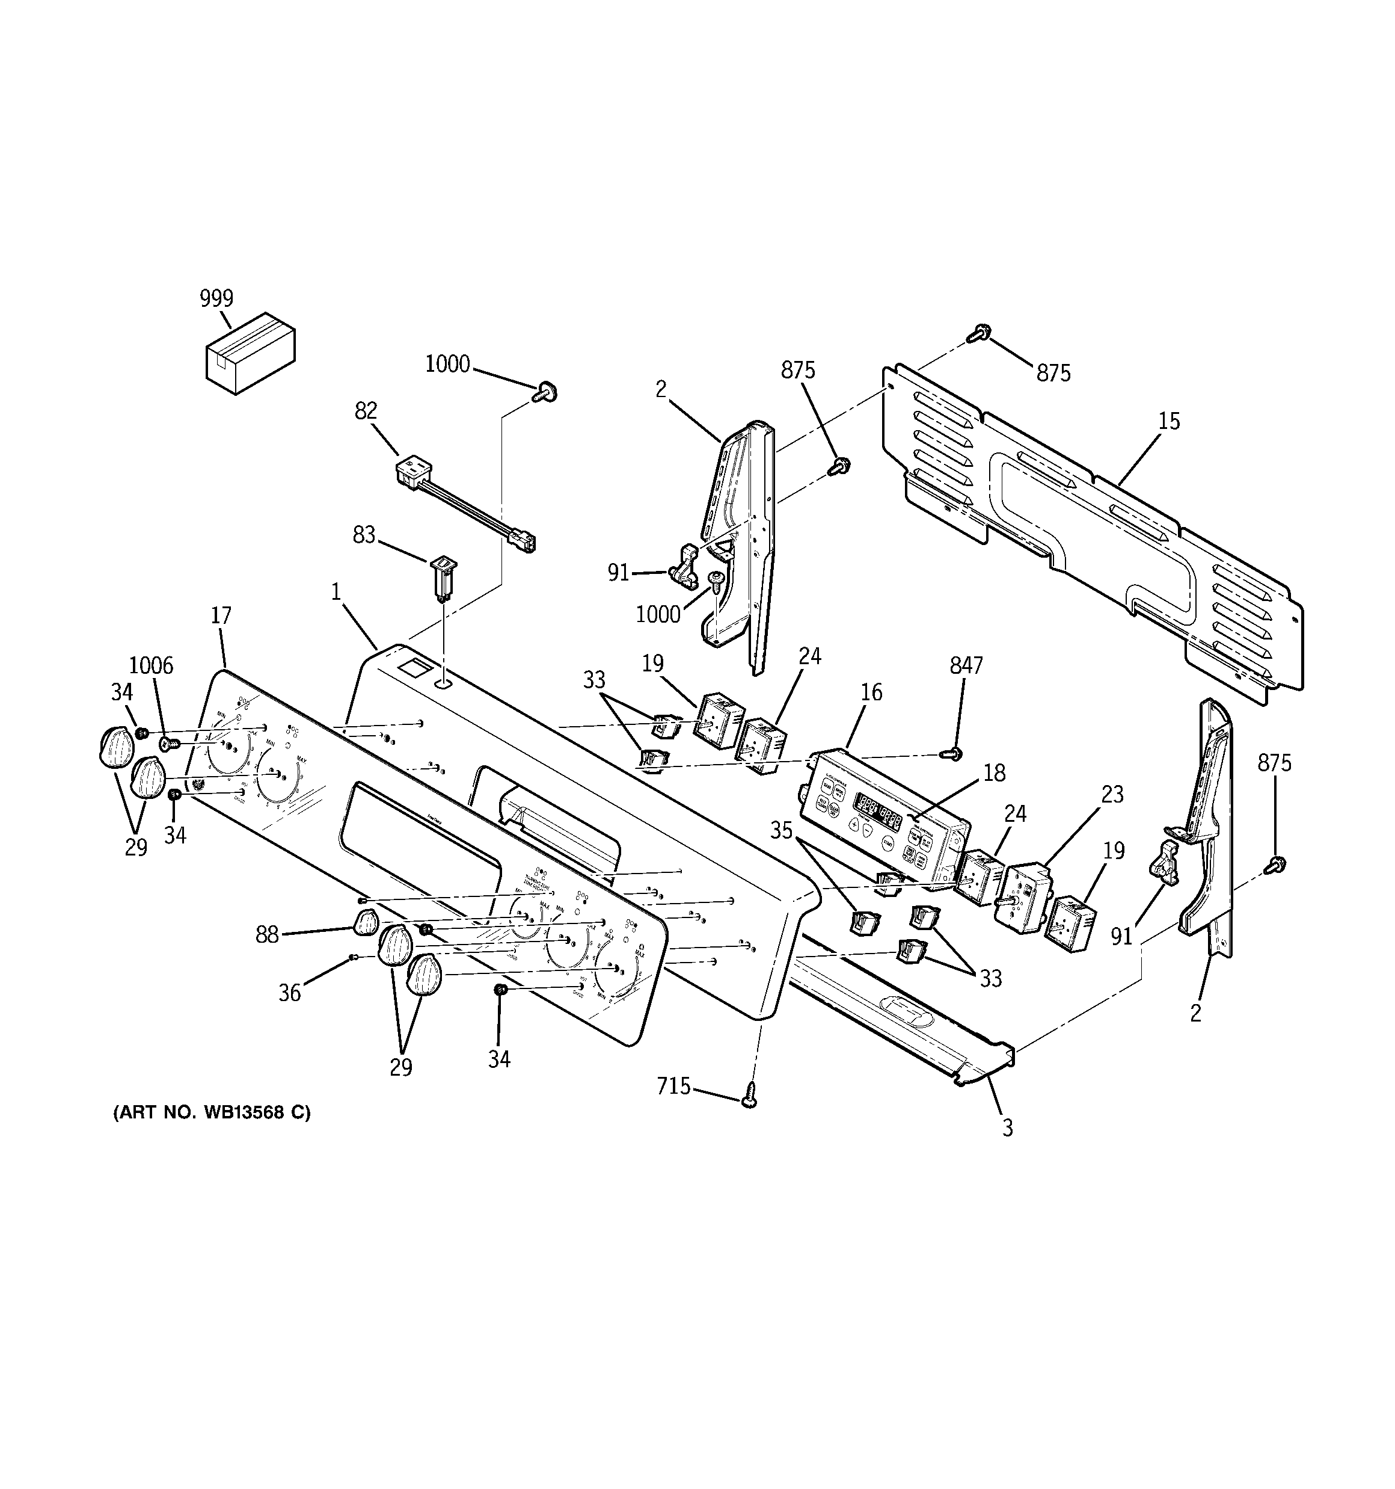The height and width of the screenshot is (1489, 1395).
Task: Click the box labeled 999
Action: coord(250,354)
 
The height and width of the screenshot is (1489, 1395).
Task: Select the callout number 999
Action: coord(216,298)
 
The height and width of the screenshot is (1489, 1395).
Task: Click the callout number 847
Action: coord(966,665)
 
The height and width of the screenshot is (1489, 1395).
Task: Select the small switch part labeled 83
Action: coord(443,577)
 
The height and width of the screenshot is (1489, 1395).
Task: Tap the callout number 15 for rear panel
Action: coord(1169,421)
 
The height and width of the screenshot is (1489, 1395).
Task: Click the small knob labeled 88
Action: coord(366,923)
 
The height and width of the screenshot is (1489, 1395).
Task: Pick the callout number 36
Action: coord(290,993)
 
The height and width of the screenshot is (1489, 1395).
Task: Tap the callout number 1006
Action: coord(152,665)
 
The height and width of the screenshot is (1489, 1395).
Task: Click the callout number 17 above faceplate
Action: coord(221,615)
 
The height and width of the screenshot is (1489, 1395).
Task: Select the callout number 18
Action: coord(994,773)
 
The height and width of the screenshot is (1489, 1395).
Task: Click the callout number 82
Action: coord(366,410)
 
